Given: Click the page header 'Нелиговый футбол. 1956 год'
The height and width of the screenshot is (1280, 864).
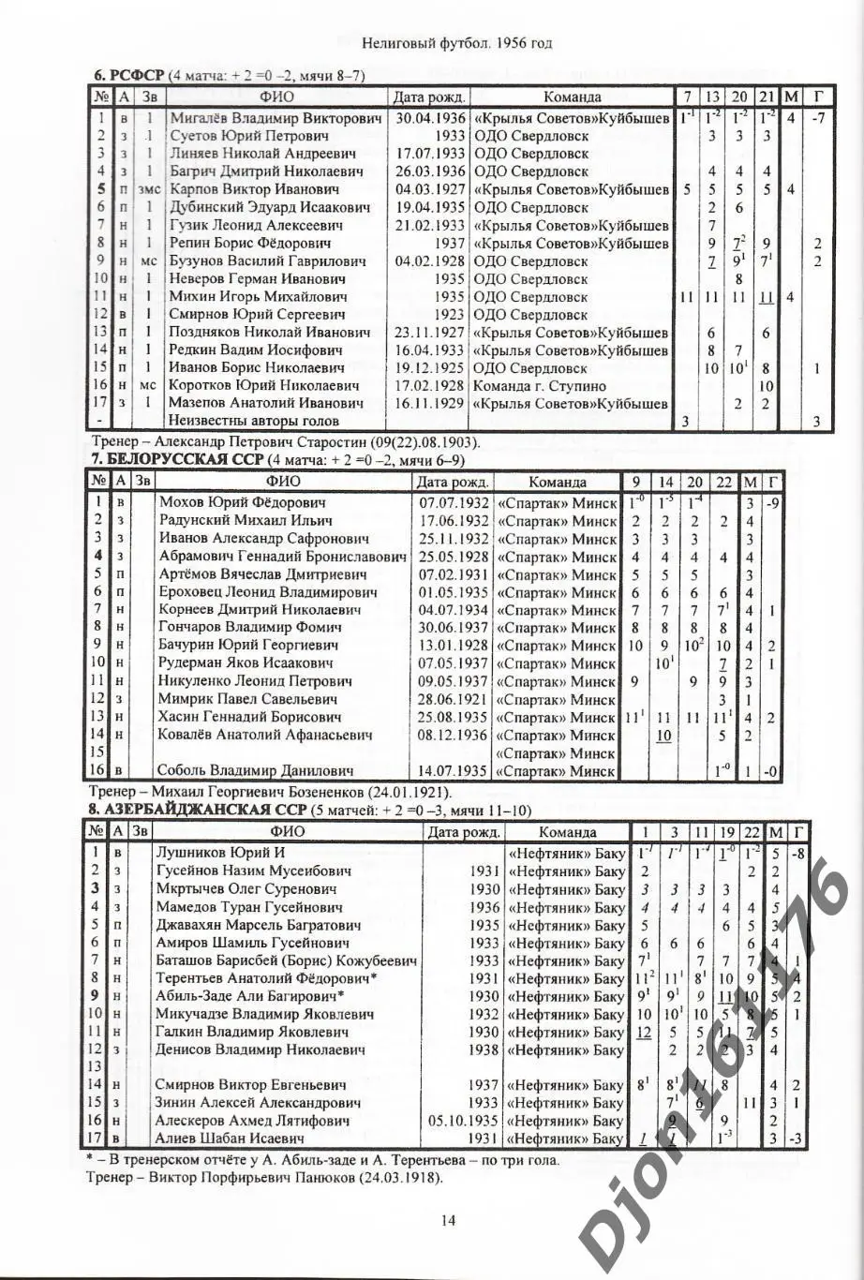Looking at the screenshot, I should pos(456,43).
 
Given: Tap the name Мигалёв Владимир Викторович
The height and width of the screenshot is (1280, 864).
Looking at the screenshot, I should pos(276,118).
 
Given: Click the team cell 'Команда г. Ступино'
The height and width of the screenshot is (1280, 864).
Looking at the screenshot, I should pos(540,386).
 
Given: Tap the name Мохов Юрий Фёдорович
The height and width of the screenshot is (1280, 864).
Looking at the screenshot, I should pos(242,502).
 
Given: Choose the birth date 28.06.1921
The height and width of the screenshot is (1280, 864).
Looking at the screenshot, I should pos(454,699).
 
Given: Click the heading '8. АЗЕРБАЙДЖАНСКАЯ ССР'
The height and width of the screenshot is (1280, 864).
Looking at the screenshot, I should pos(195,809).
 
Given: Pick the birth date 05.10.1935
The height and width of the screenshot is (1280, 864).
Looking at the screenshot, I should pos(463,1121).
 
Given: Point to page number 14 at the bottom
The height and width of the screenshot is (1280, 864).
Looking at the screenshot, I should pos(447,1219).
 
